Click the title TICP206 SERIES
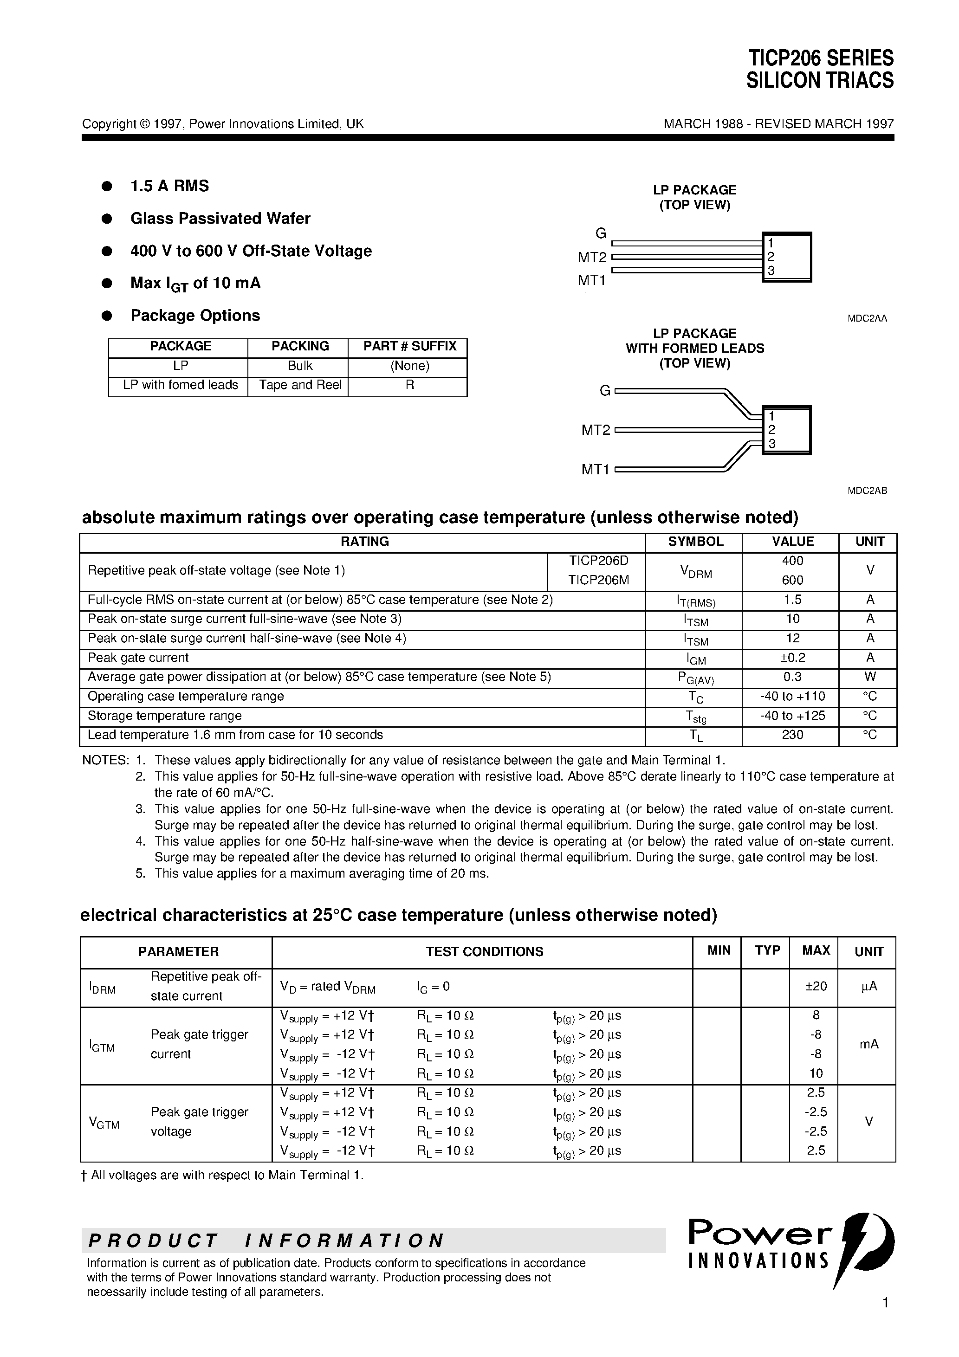coord(821,58)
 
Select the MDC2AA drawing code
coord(867,318)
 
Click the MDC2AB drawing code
coord(867,491)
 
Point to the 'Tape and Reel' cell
coord(300,385)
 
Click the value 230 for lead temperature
coord(792,735)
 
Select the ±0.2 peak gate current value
coord(792,657)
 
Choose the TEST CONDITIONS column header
coord(484,951)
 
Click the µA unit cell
coord(868,986)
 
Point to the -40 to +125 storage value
coord(792,715)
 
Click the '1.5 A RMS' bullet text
coord(170,186)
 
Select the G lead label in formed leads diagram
coord(604,391)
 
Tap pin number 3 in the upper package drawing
coord(771,271)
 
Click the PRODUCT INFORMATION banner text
coord(266,1240)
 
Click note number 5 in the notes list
coord(141,873)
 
